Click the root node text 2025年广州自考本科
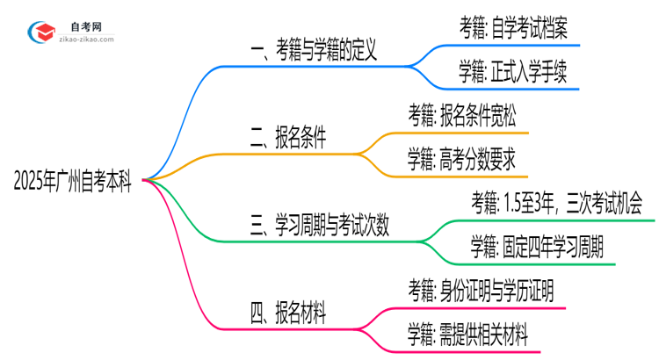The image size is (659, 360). [72, 181]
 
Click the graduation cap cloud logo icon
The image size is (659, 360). [41, 32]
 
